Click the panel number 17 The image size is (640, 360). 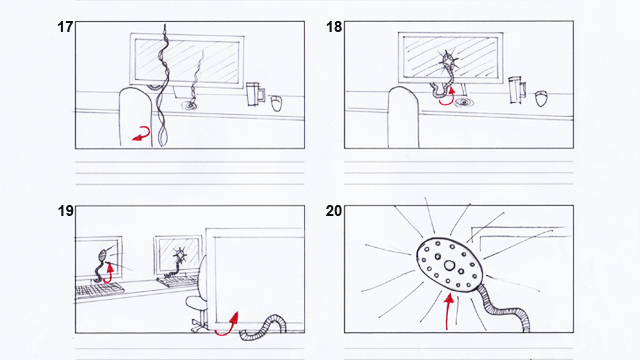[65, 27]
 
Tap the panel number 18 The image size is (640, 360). [334, 27]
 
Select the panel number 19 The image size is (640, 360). [65, 211]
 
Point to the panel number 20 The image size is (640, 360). [334, 211]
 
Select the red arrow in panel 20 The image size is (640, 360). [448, 312]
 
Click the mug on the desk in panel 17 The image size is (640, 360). [255, 94]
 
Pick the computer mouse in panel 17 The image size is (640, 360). [276, 103]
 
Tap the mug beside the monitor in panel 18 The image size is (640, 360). [517, 89]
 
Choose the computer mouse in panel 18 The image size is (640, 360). [541, 98]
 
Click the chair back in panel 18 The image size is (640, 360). [403, 117]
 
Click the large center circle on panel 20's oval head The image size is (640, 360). [449, 266]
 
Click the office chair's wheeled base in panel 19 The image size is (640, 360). [199, 325]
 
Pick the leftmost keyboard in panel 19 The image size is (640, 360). [99, 290]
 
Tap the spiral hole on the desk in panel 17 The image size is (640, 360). [189, 106]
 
